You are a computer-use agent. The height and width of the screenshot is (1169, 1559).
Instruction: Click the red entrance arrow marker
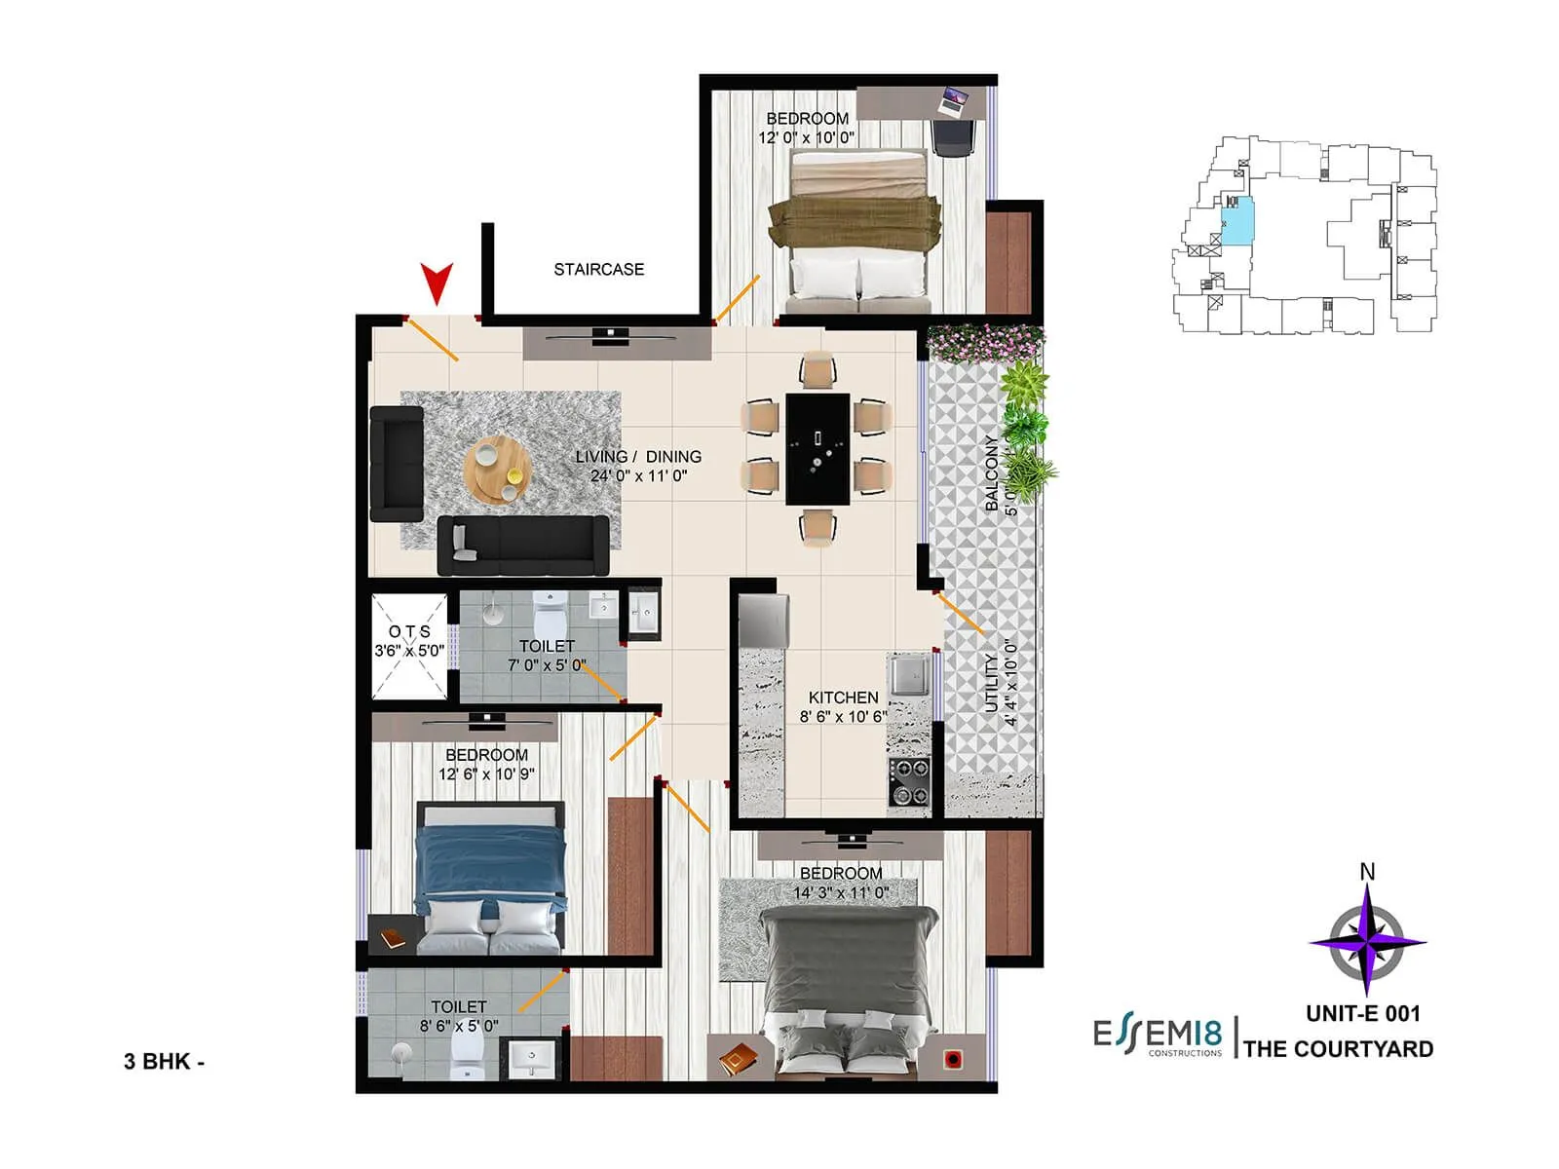(436, 283)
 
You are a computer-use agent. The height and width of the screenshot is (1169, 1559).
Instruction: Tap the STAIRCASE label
(598, 269)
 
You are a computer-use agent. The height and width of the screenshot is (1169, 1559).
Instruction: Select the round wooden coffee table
(498, 470)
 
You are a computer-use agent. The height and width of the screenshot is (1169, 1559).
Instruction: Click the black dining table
(818, 449)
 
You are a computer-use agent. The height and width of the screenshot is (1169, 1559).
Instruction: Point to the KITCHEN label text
(843, 698)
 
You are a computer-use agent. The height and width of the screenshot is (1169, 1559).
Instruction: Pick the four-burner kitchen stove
(908, 781)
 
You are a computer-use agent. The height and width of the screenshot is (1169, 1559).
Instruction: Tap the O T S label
(409, 631)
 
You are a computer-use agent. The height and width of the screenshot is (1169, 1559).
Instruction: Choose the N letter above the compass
(1367, 871)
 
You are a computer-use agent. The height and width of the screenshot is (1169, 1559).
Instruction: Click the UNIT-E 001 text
(1362, 1013)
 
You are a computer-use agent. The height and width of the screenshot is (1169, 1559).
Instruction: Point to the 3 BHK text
(163, 1061)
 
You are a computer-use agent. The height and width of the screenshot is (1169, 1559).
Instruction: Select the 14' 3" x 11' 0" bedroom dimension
(840, 891)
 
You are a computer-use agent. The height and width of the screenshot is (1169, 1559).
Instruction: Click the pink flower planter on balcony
(985, 341)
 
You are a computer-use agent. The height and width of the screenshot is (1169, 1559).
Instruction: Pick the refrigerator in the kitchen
(764, 620)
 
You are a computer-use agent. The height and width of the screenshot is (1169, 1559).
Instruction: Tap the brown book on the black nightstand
(392, 938)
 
